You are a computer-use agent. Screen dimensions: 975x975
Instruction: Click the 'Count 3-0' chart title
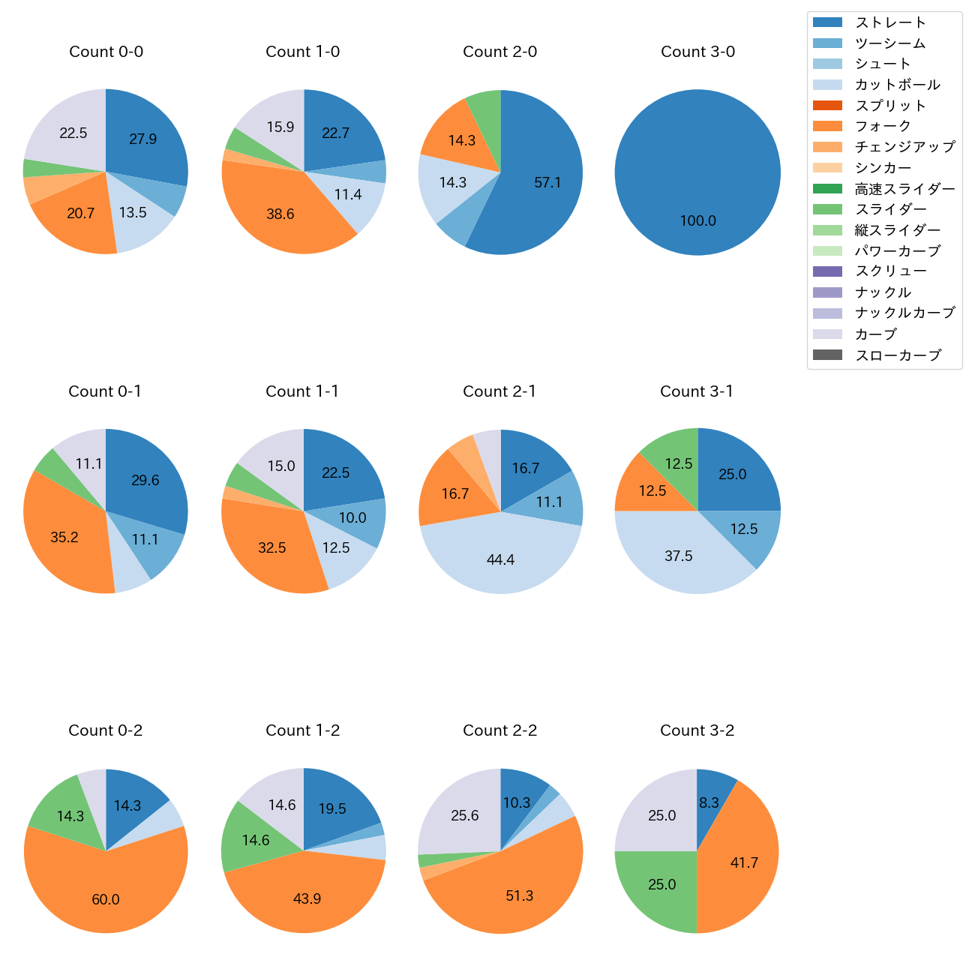(x=697, y=52)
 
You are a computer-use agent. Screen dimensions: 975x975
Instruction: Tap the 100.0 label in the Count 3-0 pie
(x=697, y=221)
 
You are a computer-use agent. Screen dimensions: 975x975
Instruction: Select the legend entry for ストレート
(x=890, y=22)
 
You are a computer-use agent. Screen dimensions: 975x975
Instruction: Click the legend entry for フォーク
(x=883, y=126)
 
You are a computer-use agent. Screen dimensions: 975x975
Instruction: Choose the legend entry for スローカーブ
(x=898, y=355)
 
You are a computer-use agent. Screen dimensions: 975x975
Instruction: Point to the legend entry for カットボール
(x=897, y=85)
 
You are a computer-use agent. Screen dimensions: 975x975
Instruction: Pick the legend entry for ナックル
(x=883, y=292)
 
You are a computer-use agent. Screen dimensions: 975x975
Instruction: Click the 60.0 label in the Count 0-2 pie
(x=106, y=899)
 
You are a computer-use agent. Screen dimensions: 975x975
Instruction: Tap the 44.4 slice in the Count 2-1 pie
(x=501, y=559)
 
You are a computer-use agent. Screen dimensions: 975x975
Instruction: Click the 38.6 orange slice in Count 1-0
(x=280, y=214)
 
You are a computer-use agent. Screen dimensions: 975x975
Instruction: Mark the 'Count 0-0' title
(x=106, y=52)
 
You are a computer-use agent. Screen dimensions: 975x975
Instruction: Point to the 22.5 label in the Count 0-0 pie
(x=73, y=133)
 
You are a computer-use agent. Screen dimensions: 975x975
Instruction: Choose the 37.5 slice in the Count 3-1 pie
(x=679, y=556)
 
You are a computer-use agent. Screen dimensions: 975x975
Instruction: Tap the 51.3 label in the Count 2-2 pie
(x=519, y=895)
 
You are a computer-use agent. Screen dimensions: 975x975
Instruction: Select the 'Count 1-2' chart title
(x=303, y=730)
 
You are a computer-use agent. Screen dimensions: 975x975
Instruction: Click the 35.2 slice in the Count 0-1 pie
(x=64, y=537)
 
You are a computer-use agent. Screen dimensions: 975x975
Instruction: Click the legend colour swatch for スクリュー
(x=827, y=271)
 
